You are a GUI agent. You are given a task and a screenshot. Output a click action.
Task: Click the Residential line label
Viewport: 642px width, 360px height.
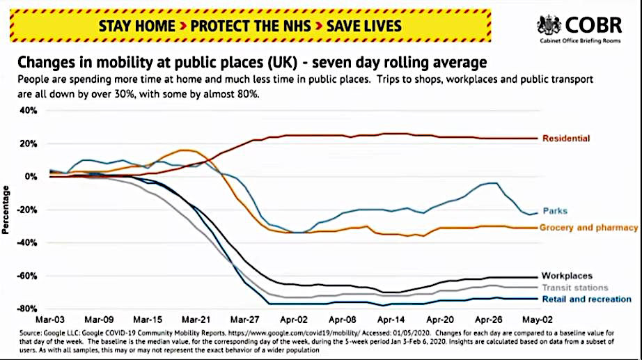point(566,139)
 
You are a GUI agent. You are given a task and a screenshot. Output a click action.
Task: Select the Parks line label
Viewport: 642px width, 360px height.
point(554,211)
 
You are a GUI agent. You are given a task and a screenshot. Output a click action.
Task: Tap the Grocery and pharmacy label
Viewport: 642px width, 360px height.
point(588,228)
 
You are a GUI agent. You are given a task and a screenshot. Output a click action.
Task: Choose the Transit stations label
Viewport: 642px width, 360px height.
point(574,288)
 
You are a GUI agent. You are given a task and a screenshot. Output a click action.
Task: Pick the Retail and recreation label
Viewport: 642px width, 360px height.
point(586,299)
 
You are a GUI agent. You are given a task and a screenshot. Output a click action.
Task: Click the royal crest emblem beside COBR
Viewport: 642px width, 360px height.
point(549,25)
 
